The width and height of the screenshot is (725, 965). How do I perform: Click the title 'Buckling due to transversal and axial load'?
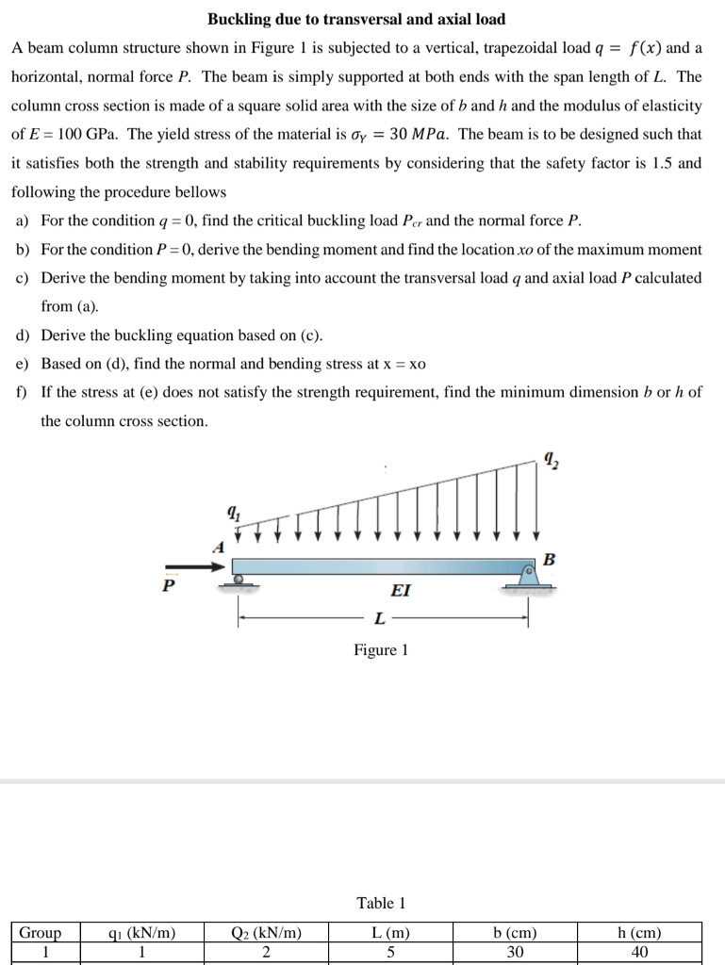pyautogui.click(x=356, y=19)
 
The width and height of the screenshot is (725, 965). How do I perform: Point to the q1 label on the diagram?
pyautogui.click(x=232, y=515)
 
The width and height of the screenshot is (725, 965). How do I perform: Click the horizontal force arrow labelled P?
pyautogui.click(x=197, y=566)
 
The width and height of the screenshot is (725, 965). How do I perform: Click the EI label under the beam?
pyautogui.click(x=400, y=591)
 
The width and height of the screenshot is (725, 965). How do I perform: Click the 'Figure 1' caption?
pyautogui.click(x=381, y=650)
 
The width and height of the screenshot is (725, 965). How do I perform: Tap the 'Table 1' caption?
pyautogui.click(x=381, y=903)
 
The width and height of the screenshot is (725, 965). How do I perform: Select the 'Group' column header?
pyautogui.click(x=41, y=933)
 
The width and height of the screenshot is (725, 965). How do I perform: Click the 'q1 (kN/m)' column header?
pyautogui.click(x=141, y=933)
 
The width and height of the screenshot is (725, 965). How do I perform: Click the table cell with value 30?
pyautogui.click(x=515, y=952)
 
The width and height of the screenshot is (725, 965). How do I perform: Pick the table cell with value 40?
pyautogui.click(x=639, y=952)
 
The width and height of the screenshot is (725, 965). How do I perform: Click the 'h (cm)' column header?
pyautogui.click(x=639, y=933)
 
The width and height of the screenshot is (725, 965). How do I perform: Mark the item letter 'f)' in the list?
pyautogui.click(x=23, y=392)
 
